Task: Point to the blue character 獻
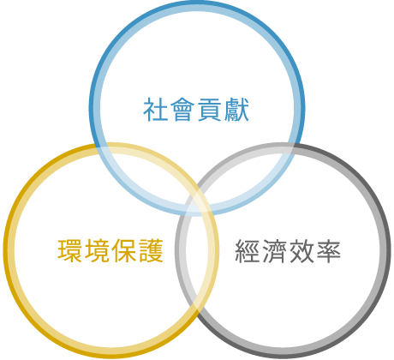click(x=236, y=110)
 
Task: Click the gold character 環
click(x=69, y=250)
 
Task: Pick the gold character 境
click(x=97, y=250)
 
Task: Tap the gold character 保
click(x=123, y=250)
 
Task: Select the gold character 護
click(x=151, y=250)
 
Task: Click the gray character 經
click(x=248, y=251)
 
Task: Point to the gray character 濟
click(x=274, y=251)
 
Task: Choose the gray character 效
click(x=301, y=251)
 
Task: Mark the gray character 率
click(x=328, y=251)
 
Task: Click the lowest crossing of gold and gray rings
click(x=198, y=308)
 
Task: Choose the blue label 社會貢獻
click(x=196, y=110)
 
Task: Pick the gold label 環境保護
click(x=110, y=250)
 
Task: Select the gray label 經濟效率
click(x=288, y=251)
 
